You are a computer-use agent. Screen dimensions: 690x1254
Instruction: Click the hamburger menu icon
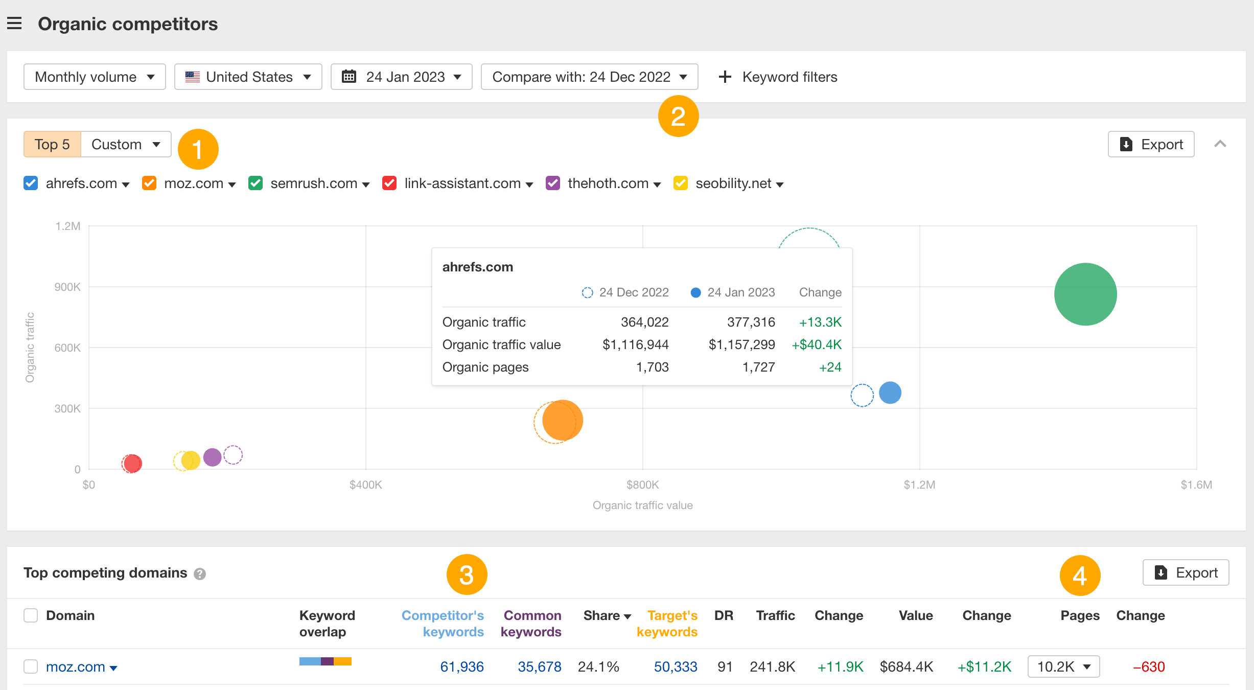pyautogui.click(x=14, y=24)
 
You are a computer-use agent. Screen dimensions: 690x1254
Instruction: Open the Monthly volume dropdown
pyautogui.click(x=95, y=77)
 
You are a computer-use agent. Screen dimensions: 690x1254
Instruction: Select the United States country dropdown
pyautogui.click(x=248, y=77)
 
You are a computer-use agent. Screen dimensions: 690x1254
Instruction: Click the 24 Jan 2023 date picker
pyautogui.click(x=401, y=77)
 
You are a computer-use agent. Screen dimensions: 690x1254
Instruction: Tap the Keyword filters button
pyautogui.click(x=778, y=77)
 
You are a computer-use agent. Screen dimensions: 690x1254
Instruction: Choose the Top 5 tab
pyautogui.click(x=52, y=144)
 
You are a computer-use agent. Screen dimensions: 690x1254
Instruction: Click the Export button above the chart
pyautogui.click(x=1151, y=144)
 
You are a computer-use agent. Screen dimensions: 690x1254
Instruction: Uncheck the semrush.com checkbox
pyautogui.click(x=256, y=183)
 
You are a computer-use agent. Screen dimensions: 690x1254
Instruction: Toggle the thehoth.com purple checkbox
pyautogui.click(x=553, y=183)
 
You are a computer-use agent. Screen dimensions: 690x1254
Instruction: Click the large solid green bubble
pyautogui.click(x=1085, y=294)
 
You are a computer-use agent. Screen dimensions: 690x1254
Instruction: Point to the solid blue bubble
pyautogui.click(x=890, y=393)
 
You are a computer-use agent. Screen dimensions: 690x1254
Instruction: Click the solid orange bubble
pyautogui.click(x=563, y=420)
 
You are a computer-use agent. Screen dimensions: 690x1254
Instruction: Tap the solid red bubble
pyautogui.click(x=132, y=464)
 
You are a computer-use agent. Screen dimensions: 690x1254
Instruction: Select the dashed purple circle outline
pyautogui.click(x=233, y=454)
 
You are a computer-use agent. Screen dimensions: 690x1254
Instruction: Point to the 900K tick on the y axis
pyautogui.click(x=67, y=287)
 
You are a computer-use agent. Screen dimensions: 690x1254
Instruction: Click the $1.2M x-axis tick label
pyautogui.click(x=919, y=485)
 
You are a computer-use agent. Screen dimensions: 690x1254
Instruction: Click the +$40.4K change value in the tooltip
pyautogui.click(x=817, y=344)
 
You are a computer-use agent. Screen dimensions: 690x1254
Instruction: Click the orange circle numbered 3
pyautogui.click(x=467, y=574)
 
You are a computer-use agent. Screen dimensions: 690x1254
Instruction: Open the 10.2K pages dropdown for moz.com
pyautogui.click(x=1064, y=666)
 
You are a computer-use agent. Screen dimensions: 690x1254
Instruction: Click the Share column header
pyautogui.click(x=607, y=615)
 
